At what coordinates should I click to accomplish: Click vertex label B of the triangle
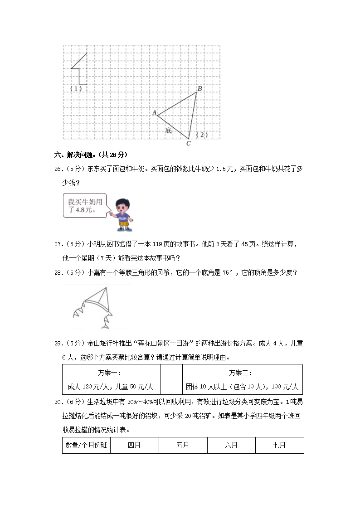tap(199, 88)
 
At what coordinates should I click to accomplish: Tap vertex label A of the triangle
tap(154, 112)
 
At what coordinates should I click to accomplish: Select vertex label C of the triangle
tap(188, 144)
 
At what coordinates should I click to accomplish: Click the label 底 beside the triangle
tap(169, 131)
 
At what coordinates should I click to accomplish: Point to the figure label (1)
tap(76, 88)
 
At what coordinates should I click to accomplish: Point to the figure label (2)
tap(202, 135)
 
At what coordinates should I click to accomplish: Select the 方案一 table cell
tap(111, 380)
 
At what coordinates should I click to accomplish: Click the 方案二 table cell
tap(242, 380)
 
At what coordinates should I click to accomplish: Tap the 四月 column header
tap(134, 446)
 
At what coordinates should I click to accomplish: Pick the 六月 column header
tap(231, 446)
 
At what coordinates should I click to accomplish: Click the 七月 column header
tap(279, 446)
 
